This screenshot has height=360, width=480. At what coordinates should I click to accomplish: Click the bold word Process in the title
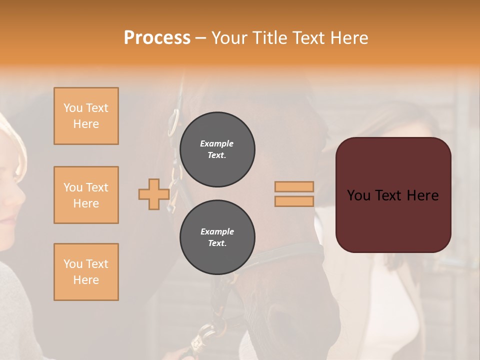(157, 38)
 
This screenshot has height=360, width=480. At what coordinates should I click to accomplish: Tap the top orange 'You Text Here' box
(86, 116)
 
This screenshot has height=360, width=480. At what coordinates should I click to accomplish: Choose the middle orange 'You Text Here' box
(86, 195)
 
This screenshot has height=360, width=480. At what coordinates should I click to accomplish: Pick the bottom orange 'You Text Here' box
(86, 272)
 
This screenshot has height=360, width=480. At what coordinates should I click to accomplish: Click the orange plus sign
(154, 194)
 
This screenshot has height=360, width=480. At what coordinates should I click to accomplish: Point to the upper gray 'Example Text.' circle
(217, 149)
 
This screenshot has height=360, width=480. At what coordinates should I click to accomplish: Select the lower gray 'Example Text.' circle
(217, 237)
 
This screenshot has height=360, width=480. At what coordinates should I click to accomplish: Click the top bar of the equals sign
(294, 187)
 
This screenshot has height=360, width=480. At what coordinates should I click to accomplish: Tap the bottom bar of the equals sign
(294, 201)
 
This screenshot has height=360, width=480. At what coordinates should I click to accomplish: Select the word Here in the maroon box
(422, 195)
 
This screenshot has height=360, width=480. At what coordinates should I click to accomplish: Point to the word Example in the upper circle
(217, 144)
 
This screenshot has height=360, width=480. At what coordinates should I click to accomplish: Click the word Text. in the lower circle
(217, 243)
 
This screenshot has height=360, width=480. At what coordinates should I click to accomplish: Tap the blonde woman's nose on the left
(20, 195)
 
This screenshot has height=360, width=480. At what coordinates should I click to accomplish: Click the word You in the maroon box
(359, 195)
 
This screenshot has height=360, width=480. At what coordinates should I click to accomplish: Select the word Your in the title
(228, 38)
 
